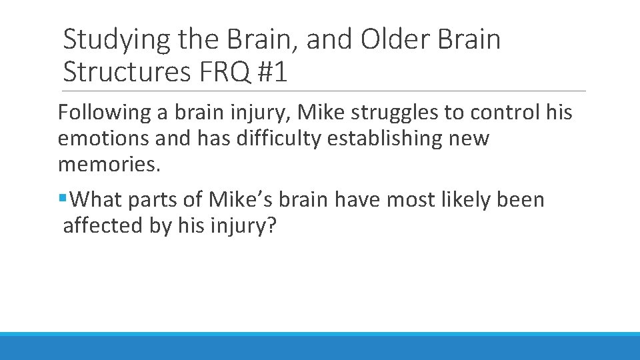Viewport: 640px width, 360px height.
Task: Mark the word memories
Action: click(x=109, y=165)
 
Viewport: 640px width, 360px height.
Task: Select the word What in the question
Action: click(x=95, y=199)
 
